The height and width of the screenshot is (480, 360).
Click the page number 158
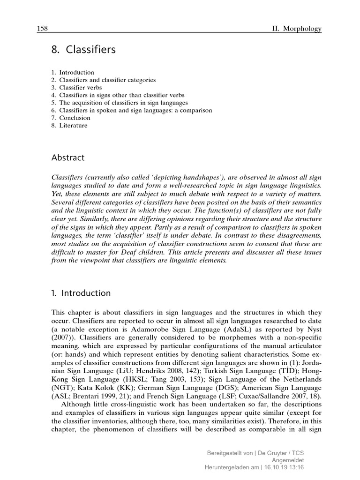(x=43, y=29)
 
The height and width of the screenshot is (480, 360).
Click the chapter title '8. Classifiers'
(x=83, y=49)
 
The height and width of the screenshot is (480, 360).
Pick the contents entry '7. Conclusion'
(x=71, y=118)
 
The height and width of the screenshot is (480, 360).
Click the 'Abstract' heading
(x=68, y=157)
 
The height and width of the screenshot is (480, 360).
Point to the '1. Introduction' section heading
(x=81, y=293)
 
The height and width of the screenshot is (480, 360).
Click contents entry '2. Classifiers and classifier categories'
(x=104, y=80)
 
